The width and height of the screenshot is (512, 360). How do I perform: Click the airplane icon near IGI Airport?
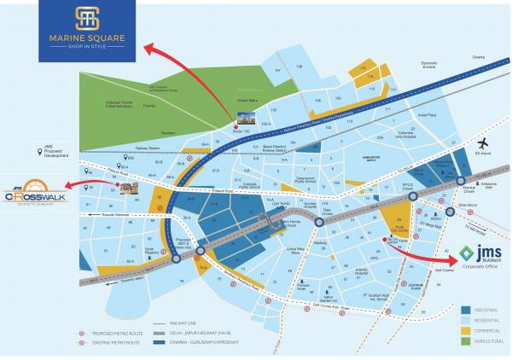[484, 143]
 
